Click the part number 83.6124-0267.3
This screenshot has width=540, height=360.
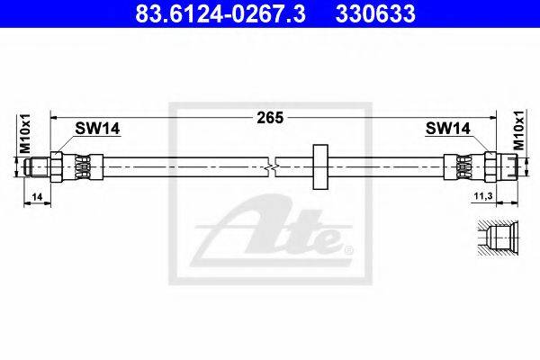coord(220,13)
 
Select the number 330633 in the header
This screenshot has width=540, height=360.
coord(375,13)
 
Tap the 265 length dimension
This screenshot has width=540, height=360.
coord(270,118)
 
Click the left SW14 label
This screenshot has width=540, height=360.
coord(97,129)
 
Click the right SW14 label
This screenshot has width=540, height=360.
coord(447,129)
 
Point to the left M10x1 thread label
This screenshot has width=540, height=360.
coord(25,133)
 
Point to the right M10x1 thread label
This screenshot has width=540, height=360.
coord(519,130)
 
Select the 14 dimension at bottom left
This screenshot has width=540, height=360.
coord(37,197)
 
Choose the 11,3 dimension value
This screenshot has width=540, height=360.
coord(483,196)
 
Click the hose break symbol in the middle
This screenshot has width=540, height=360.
coord(272,167)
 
